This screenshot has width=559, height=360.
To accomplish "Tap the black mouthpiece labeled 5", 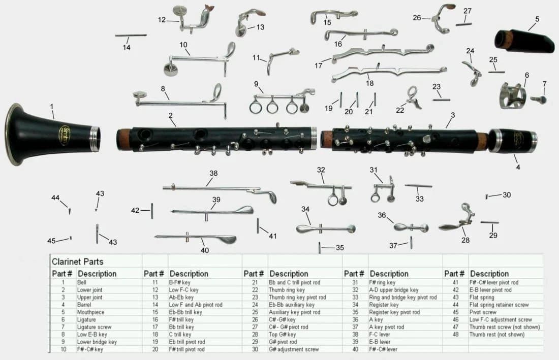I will pos(526,41).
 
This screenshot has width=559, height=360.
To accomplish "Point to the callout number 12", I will pos(162,20).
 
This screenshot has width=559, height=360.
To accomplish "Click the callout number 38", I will pos(213,173).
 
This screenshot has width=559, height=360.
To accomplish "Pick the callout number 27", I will pos(468,11).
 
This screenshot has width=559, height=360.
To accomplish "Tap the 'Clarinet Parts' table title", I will pos(78,262).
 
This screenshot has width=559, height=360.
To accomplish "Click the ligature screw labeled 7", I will pos(539,99).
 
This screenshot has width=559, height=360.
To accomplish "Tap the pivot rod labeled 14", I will pos(131,36).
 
